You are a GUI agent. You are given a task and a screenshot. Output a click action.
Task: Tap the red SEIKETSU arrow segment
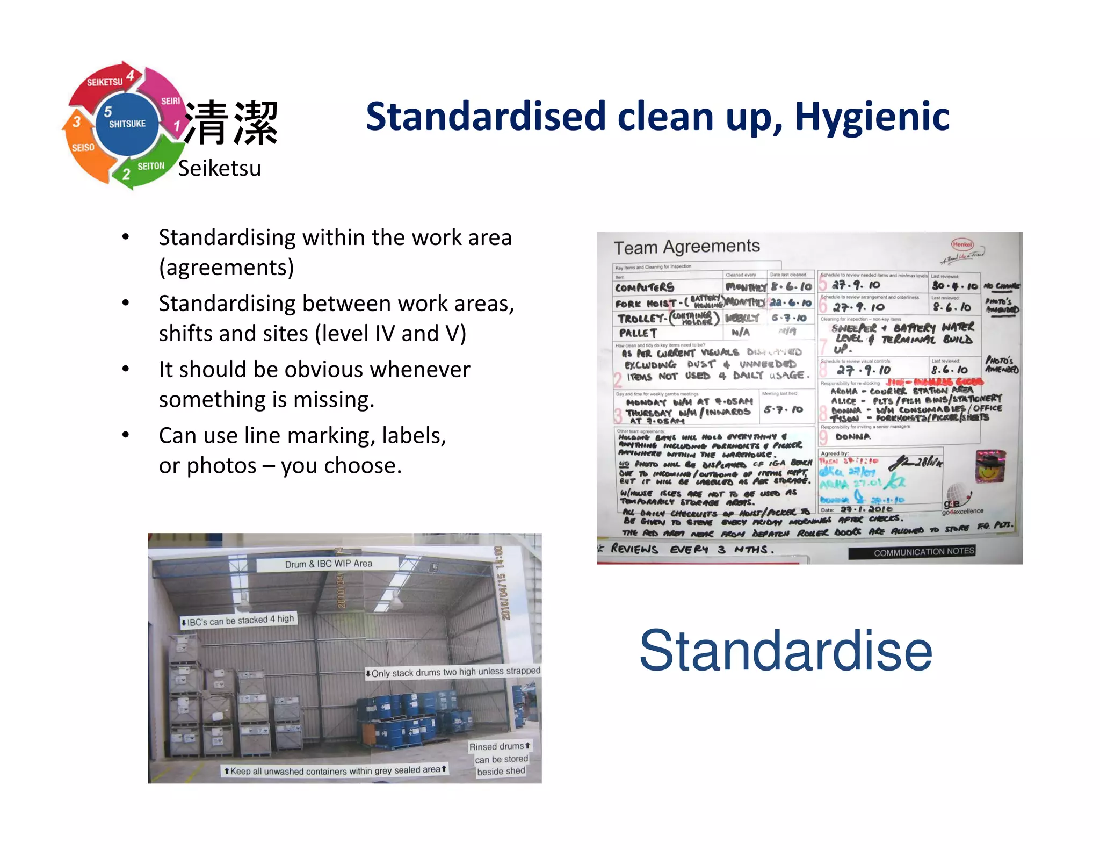point(102,86)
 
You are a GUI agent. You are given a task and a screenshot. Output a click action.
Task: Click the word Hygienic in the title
point(871,117)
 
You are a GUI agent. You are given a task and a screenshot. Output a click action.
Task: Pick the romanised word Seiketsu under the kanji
point(219,169)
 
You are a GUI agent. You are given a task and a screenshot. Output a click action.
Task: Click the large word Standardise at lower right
point(785,651)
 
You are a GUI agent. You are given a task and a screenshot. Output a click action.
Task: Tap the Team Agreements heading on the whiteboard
point(686,247)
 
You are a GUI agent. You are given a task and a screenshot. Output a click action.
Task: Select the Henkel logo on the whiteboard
point(962,244)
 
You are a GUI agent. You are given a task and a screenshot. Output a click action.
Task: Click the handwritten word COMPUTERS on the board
point(645,287)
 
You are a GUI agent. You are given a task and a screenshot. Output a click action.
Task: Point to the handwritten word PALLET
point(638,333)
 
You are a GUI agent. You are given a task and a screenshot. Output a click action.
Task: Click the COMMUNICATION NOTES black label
point(923,552)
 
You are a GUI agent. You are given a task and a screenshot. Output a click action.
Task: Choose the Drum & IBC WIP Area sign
point(328,564)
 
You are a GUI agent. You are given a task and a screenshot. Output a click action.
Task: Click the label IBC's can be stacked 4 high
point(238,621)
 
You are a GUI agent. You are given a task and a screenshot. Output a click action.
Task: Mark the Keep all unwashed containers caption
point(336,770)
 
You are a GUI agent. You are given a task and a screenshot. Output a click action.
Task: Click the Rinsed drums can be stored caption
point(501,759)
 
